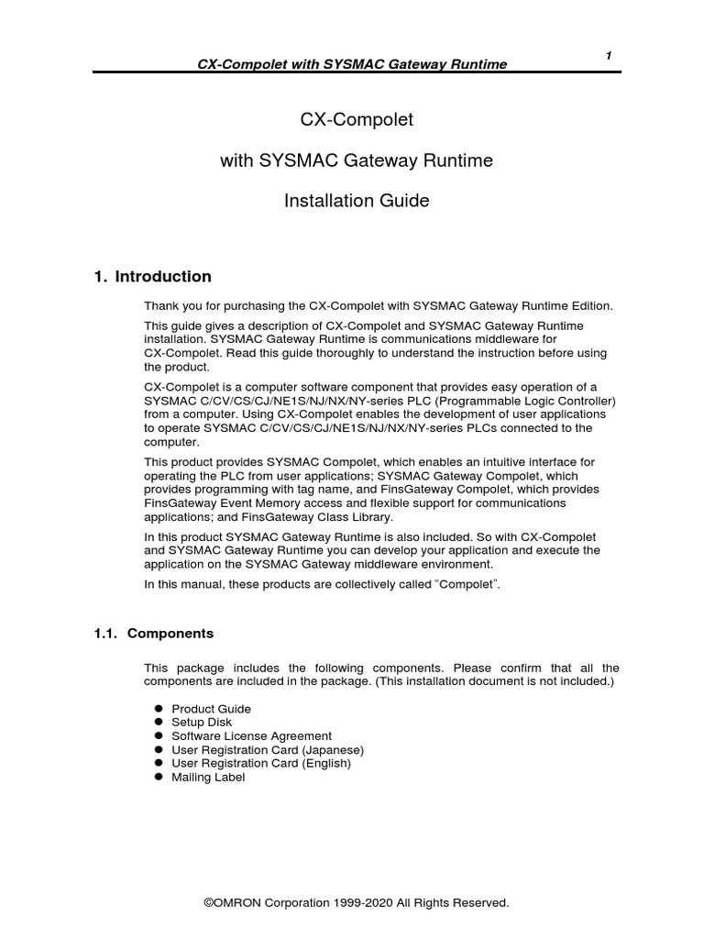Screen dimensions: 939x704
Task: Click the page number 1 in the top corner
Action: pyautogui.click(x=609, y=56)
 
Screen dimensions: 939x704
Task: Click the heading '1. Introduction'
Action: pyautogui.click(x=153, y=277)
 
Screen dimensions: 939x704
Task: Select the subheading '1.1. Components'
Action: pyautogui.click(x=154, y=634)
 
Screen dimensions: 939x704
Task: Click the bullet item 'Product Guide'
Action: pyautogui.click(x=211, y=709)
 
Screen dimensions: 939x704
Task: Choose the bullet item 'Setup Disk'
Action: pyautogui.click(x=202, y=723)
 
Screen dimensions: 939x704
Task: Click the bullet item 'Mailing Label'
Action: pyautogui.click(x=208, y=777)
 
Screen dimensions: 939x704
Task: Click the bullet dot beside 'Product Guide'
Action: pyautogui.click(x=158, y=709)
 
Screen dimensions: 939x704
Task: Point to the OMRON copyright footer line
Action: pyautogui.click(x=356, y=903)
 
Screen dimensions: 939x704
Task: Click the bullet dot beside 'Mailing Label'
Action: pyautogui.click(x=158, y=777)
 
